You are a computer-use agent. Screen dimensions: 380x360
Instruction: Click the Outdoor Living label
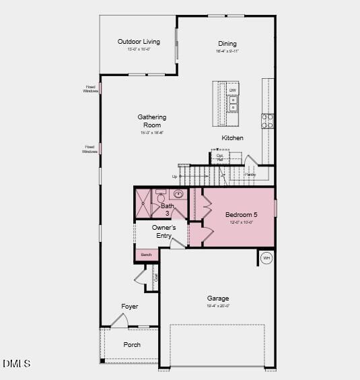pyautogui.click(x=139, y=42)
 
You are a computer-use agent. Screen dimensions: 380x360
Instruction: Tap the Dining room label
pyautogui.click(x=227, y=44)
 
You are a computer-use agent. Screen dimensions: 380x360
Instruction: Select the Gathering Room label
pyautogui.click(x=152, y=121)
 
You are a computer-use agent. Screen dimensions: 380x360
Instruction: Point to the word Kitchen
pyautogui.click(x=233, y=138)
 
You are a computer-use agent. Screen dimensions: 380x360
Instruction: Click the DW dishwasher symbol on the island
pyautogui.click(x=233, y=90)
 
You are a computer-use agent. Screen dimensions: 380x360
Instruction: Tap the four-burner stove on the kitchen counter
pyautogui.click(x=268, y=121)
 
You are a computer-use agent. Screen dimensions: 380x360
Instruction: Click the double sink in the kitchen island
pyautogui.click(x=233, y=103)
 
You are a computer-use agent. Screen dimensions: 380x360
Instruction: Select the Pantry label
pyautogui.click(x=250, y=175)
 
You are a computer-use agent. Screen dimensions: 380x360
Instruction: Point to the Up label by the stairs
pyautogui.click(x=175, y=177)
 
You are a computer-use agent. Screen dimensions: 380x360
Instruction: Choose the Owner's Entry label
pyautogui.click(x=164, y=232)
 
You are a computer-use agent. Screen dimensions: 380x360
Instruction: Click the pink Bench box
pyautogui.click(x=147, y=255)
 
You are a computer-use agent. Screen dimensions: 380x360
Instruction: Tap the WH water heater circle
pyautogui.click(x=266, y=258)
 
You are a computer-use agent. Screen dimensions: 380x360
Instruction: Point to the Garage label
pyautogui.click(x=217, y=298)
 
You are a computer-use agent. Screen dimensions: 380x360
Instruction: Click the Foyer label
pyautogui.click(x=130, y=307)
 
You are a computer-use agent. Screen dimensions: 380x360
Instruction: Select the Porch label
pyautogui.click(x=132, y=345)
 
